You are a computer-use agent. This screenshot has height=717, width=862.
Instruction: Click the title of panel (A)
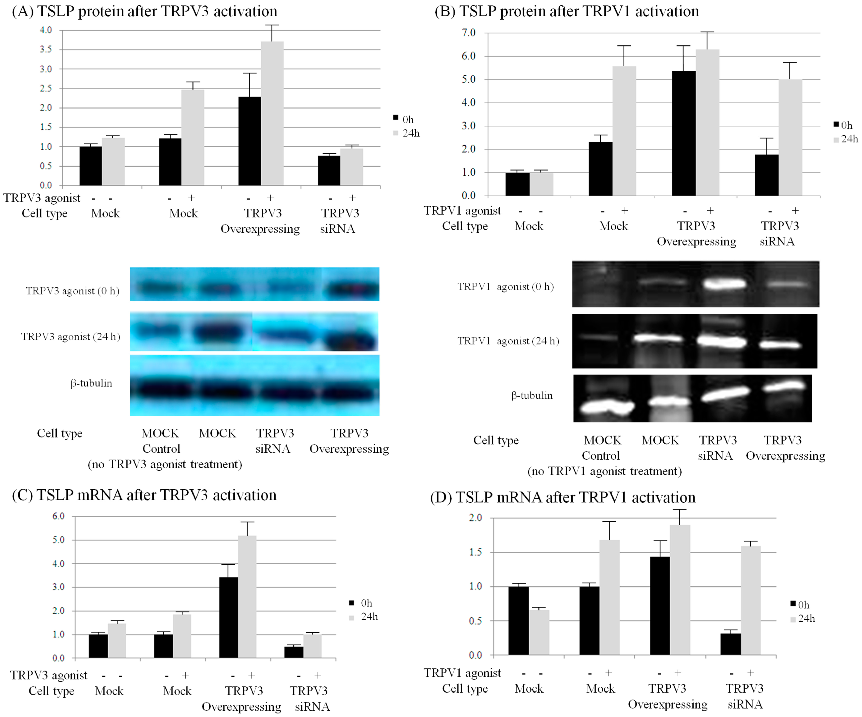[144, 11]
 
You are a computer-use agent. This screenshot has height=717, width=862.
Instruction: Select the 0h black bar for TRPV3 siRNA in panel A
[329, 170]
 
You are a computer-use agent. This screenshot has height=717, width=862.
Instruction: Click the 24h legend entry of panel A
[406, 133]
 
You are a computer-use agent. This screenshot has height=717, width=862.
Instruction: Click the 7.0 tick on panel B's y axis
[468, 32]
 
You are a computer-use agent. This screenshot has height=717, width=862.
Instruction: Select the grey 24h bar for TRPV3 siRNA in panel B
[790, 138]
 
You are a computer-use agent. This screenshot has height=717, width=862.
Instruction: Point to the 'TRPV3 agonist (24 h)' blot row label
[71, 336]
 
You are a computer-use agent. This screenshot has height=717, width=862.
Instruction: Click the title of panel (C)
[144, 495]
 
